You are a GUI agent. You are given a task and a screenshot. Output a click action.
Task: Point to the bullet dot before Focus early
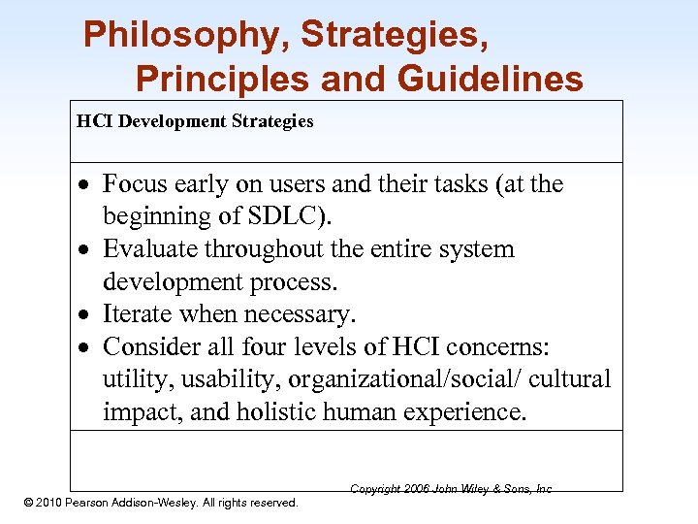pyautogui.click(x=86, y=185)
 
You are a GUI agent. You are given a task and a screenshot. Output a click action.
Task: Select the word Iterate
pyautogui.click(x=138, y=314)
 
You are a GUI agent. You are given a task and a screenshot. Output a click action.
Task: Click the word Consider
pyautogui.click(x=150, y=346)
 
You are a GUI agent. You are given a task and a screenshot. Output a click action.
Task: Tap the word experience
pyautogui.click(x=467, y=412)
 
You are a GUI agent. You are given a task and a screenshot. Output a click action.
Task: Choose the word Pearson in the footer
pyautogui.click(x=97, y=503)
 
